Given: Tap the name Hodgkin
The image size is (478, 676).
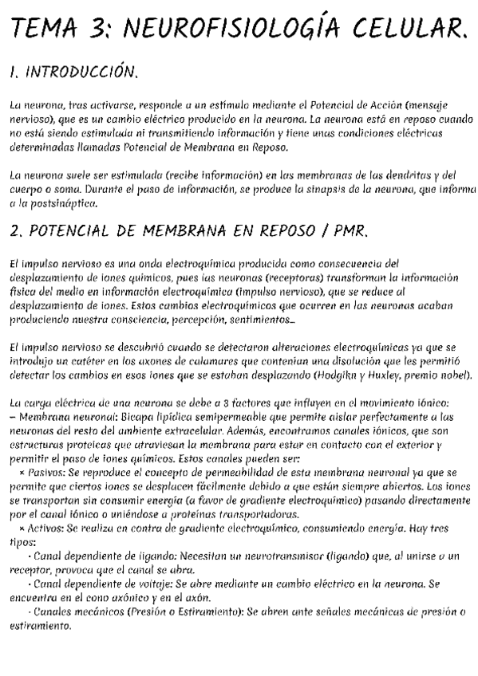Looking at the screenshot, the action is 336,374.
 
